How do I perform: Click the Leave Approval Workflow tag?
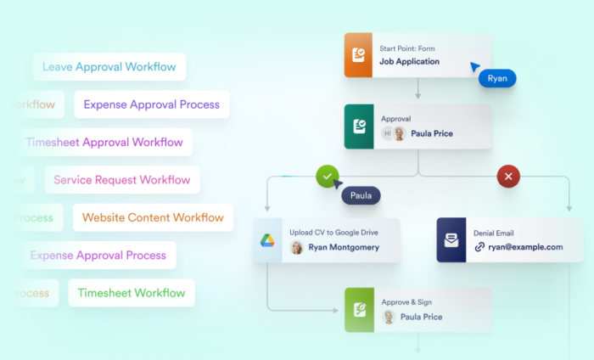(x=109, y=67)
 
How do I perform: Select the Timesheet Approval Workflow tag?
(x=104, y=142)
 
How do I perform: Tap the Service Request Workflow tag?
(x=122, y=179)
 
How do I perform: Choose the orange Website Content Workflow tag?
(x=153, y=217)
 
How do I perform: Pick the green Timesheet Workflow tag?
(x=131, y=293)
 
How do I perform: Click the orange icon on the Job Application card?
(x=359, y=55)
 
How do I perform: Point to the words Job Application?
(x=409, y=62)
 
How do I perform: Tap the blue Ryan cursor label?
(x=497, y=78)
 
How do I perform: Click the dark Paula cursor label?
(x=361, y=195)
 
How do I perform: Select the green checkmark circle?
(x=328, y=177)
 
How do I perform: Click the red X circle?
(x=508, y=177)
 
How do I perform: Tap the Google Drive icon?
(x=267, y=240)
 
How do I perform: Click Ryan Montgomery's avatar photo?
(x=297, y=247)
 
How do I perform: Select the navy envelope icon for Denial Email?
(x=451, y=240)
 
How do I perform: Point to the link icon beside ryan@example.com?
(x=480, y=247)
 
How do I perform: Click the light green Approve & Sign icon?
(x=359, y=310)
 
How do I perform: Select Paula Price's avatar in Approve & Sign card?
(x=389, y=317)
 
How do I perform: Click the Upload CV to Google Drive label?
(x=333, y=232)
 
